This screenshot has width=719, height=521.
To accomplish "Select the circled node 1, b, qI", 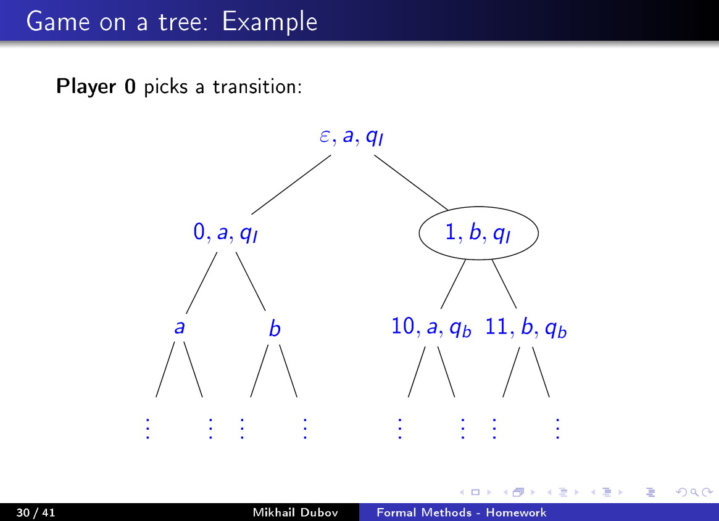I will point(478,234).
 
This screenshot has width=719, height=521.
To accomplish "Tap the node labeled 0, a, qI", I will point(225,234).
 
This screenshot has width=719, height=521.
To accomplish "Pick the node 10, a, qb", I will point(431,328).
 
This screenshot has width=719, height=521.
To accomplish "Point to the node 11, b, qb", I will point(526,328).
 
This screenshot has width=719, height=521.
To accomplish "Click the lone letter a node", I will point(180,328).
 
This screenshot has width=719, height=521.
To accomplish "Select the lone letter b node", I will point(275,329).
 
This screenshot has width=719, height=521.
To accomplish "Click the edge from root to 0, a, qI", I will point(291,184).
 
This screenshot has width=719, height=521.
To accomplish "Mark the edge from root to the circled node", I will point(410,182).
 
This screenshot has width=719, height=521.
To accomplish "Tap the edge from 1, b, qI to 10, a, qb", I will point(452,284).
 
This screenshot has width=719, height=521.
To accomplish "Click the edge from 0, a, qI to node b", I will point(251,281).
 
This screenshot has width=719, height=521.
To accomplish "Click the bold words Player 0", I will point(96,86).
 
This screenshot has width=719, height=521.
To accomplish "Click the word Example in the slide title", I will point(270,22).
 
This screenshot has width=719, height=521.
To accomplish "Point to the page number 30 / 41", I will point(36,512).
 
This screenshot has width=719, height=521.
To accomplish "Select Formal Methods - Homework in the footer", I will point(462,512).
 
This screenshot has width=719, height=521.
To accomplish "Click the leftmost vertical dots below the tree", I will point(148,428).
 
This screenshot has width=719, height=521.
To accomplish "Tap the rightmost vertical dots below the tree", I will point(557,428).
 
